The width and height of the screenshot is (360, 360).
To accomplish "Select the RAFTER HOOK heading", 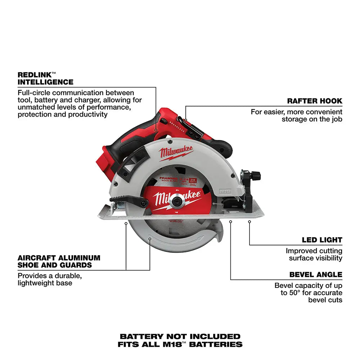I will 315,101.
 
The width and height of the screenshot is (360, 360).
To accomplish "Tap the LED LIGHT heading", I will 322,240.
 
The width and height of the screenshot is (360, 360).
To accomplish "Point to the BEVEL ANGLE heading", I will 316,275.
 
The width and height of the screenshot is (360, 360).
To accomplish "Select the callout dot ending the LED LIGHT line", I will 249,222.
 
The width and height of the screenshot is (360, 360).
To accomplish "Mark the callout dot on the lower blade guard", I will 150,238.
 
